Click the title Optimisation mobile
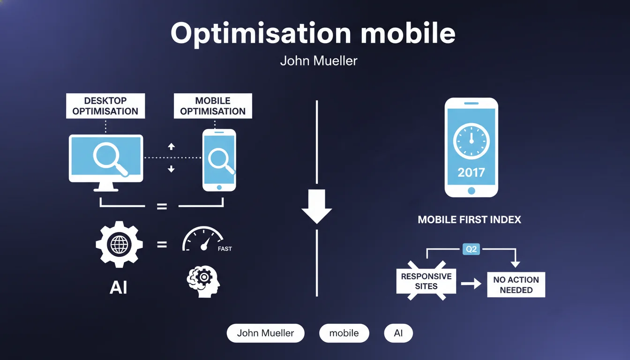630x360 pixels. pos(313,34)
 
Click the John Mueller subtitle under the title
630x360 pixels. pos(319,61)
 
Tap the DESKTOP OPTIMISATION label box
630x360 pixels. pos(105,106)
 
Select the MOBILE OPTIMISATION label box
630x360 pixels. pos(213,106)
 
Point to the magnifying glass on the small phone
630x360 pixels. pos(221,161)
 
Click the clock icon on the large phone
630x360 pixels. pos(472,141)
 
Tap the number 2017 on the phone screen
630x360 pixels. pos(472,172)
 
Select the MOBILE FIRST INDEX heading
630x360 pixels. pos(469,220)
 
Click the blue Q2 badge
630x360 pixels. pos(471,249)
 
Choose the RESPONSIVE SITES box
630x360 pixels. pos(426,281)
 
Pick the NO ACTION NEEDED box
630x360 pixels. pos(516,285)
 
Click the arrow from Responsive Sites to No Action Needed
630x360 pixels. pos(471,284)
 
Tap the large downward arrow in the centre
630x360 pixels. pos(317,206)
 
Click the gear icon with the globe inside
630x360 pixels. pos(119,244)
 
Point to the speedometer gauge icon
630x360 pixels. pos(203,239)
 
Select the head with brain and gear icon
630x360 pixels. pos(203,282)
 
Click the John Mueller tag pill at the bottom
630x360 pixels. pos(265,333)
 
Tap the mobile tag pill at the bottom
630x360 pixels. pos(344,333)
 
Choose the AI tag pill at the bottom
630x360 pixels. pos(398,333)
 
